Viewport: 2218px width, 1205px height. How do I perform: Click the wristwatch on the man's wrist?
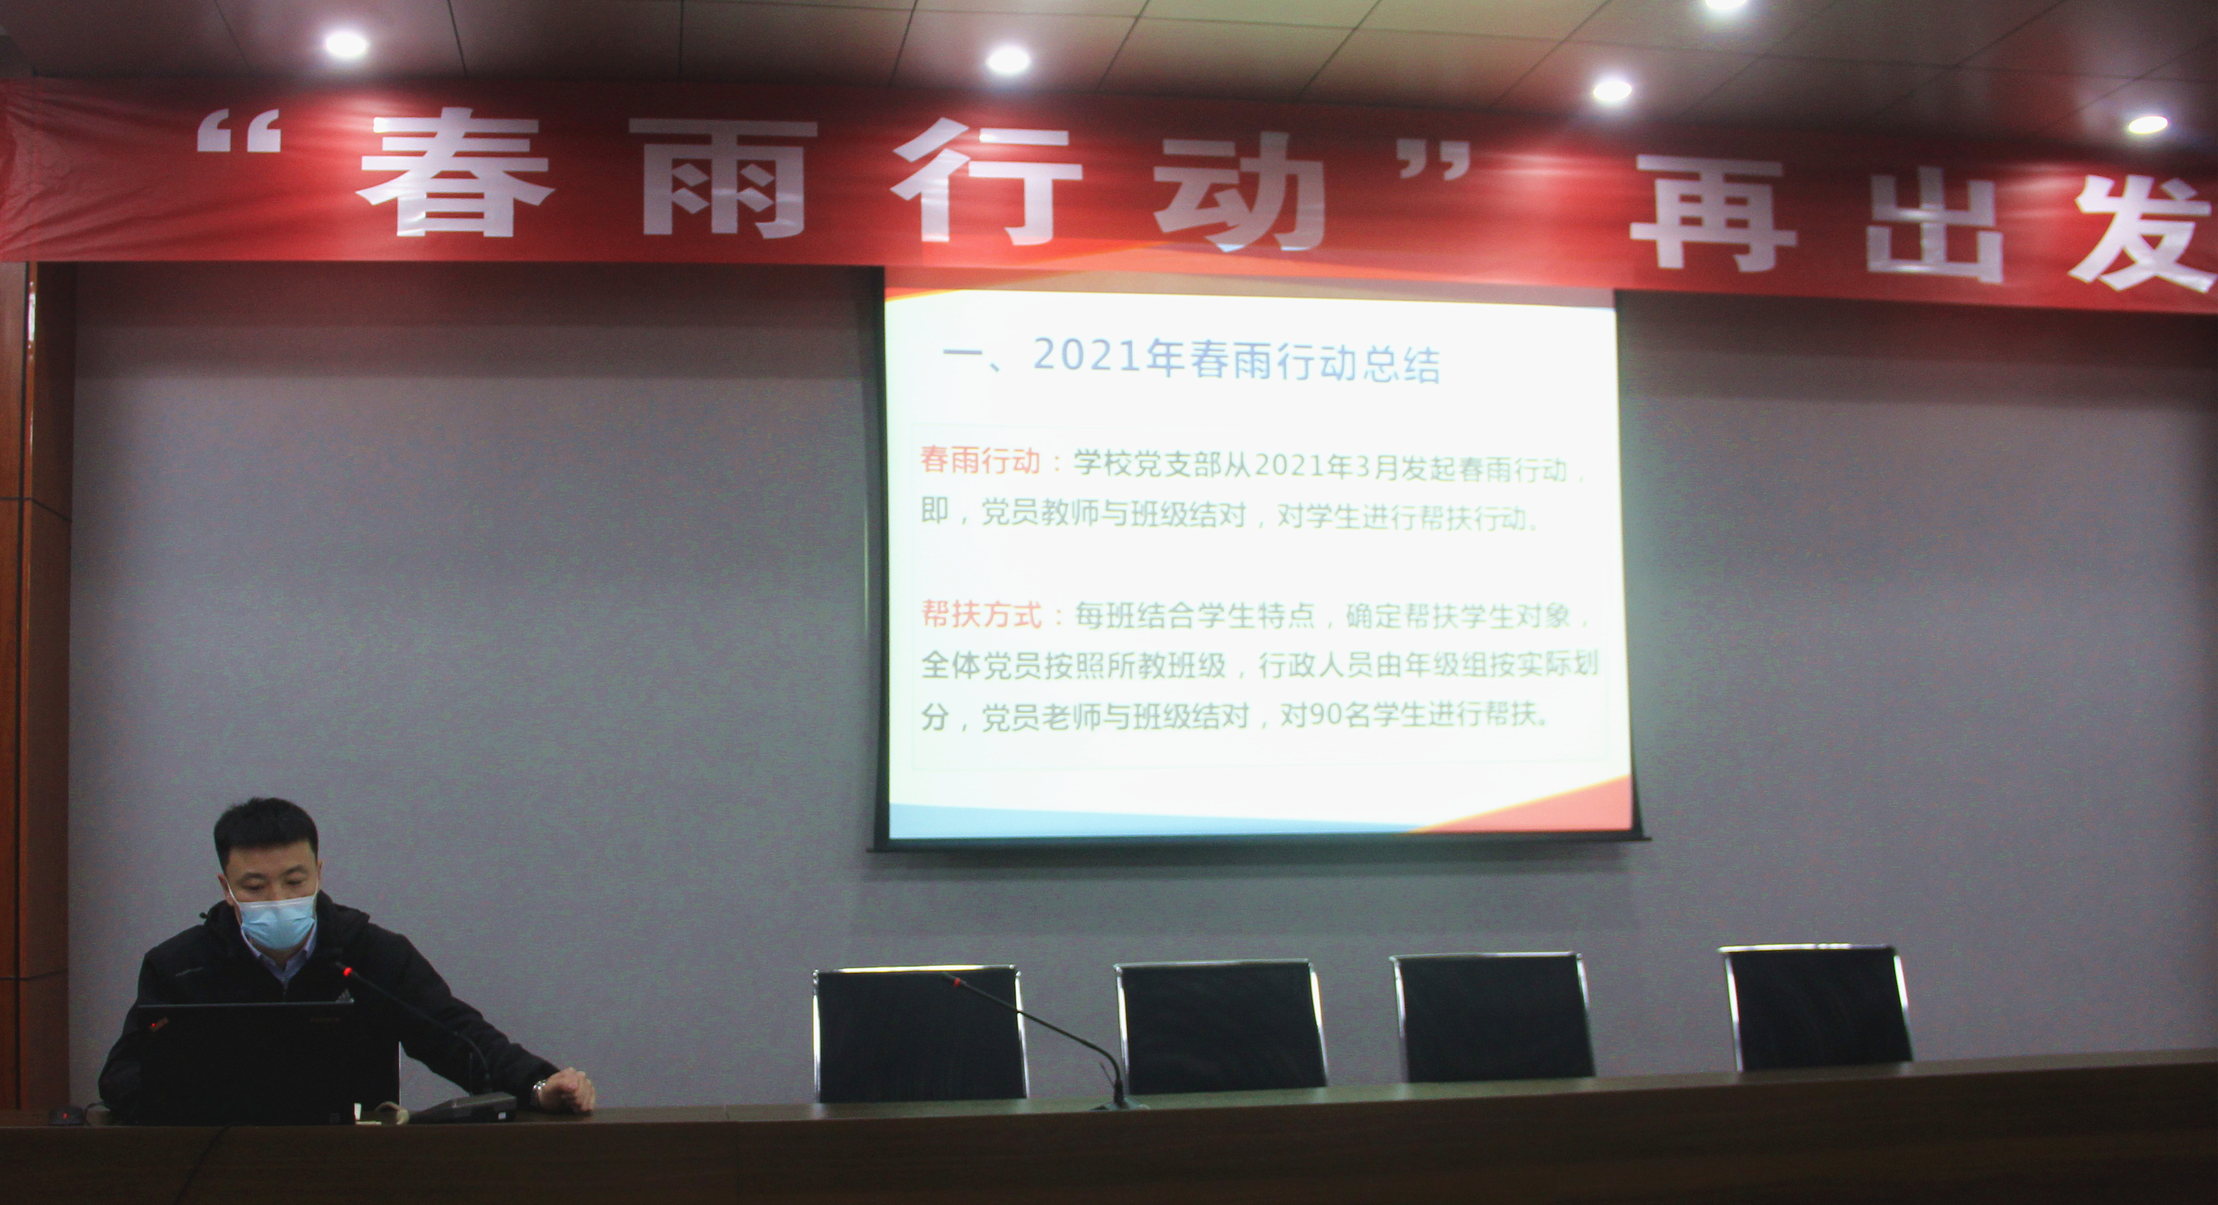(540, 1092)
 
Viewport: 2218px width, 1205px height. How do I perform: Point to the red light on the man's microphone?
(347, 971)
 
